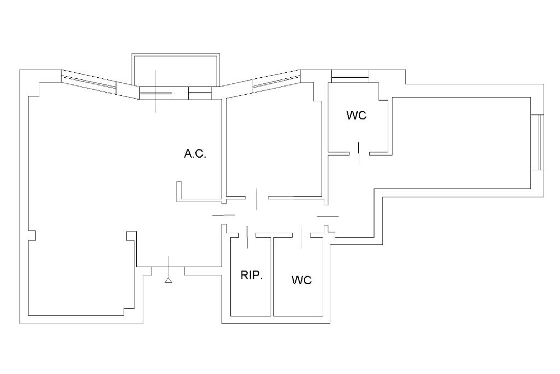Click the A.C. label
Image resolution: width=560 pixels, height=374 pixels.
(195, 154)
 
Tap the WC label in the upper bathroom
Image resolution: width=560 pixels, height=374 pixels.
(356, 116)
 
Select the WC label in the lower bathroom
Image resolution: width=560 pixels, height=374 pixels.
(301, 280)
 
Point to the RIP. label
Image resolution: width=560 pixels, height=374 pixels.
(252, 275)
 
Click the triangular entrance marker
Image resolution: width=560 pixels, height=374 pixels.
(168, 280)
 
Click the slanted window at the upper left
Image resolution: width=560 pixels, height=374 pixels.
(89, 81)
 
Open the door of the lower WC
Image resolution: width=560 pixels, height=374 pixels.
(301, 236)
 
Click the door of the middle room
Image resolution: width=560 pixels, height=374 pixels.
(257, 198)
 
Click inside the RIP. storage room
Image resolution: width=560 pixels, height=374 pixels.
(250, 296)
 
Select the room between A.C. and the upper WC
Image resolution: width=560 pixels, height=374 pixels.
(273, 148)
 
